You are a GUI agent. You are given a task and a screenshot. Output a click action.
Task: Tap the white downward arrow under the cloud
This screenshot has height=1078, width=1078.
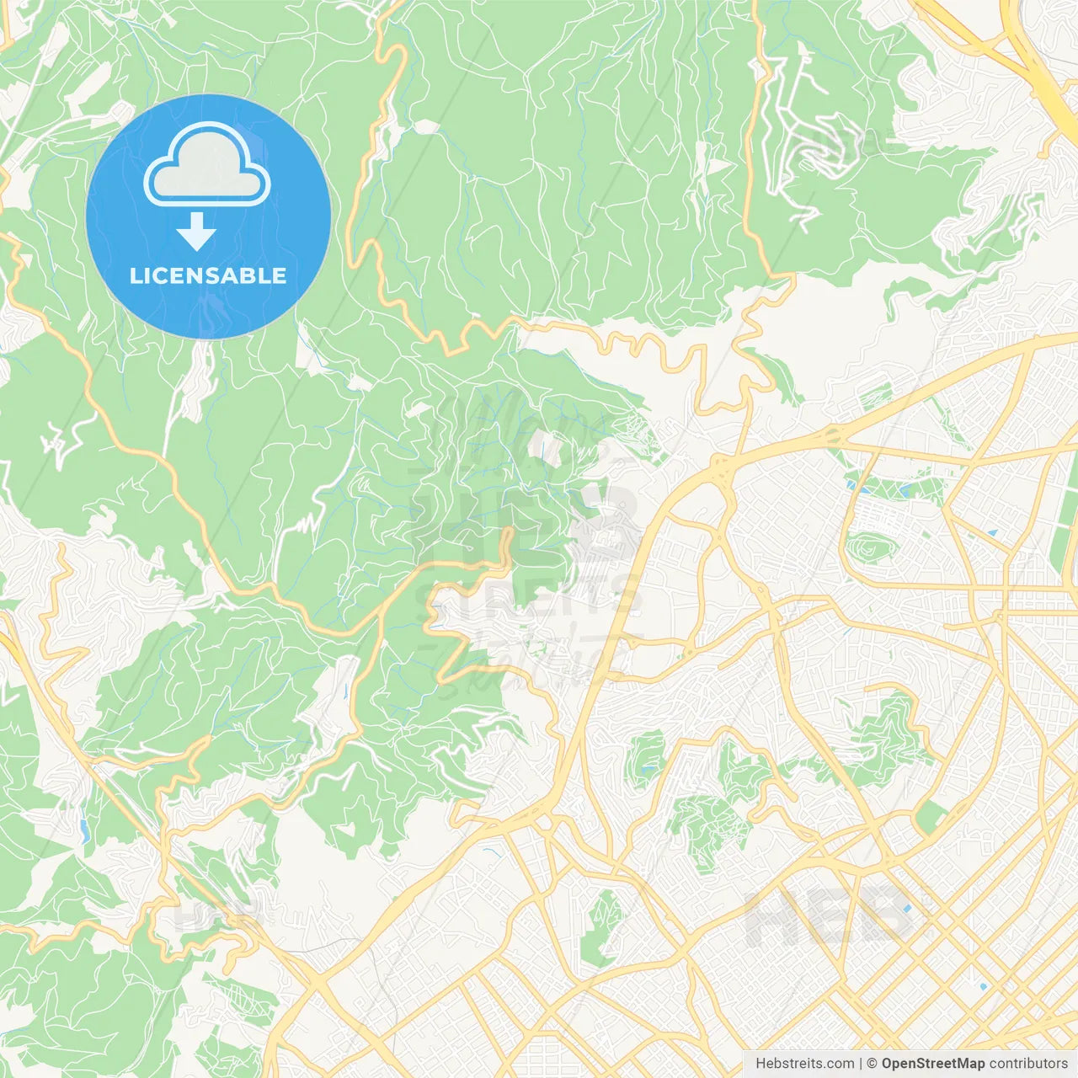(196, 232)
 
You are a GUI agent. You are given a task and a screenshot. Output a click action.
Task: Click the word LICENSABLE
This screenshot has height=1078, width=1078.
(207, 275)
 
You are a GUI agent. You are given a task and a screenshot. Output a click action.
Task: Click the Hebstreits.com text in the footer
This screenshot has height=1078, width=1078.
(804, 1064)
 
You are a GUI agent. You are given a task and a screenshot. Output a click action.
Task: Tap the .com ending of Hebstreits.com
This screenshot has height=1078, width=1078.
(839, 1064)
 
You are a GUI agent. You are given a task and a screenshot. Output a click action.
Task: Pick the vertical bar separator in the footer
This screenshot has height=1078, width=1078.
(860, 1064)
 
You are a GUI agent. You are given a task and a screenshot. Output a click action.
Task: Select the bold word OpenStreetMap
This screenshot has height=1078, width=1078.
(933, 1064)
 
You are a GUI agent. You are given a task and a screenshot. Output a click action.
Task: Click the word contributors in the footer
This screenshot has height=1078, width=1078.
(1028, 1064)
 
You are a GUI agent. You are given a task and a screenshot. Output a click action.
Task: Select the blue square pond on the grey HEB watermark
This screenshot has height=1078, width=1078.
(906, 910)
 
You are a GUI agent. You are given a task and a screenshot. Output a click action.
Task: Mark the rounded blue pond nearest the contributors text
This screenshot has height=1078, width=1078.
(982, 985)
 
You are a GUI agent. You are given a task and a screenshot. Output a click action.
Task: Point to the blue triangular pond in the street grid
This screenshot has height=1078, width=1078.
(991, 533)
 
